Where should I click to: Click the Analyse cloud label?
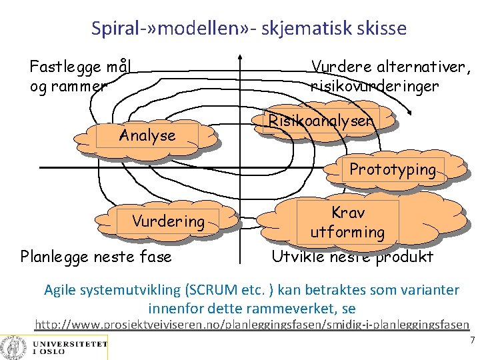pos(147,136)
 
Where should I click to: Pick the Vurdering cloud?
pos(168,221)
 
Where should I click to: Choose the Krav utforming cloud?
pos(347,223)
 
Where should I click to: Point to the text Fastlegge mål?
pos(79,67)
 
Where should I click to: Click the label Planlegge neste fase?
pos(96,257)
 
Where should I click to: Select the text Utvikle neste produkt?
pos(352,257)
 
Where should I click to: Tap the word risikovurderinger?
pos(375,86)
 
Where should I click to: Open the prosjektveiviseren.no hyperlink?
pos(252,325)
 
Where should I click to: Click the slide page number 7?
pos(472,340)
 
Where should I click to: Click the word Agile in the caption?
pos(59,291)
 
